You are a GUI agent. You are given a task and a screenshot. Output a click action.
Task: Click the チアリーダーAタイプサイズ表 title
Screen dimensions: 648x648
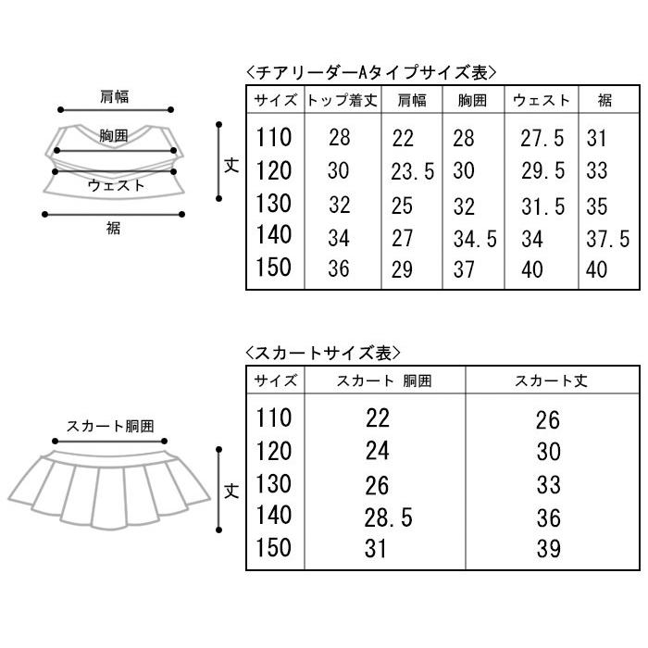click(370, 73)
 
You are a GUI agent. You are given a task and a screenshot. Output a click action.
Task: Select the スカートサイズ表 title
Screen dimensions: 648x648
click(323, 353)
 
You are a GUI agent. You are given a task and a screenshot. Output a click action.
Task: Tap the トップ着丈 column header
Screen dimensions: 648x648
click(343, 100)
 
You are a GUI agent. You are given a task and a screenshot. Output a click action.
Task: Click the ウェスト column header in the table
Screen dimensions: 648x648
click(541, 100)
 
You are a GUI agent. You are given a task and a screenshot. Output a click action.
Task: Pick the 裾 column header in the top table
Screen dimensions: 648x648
click(604, 100)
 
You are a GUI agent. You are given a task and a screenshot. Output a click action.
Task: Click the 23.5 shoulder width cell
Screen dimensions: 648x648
click(413, 171)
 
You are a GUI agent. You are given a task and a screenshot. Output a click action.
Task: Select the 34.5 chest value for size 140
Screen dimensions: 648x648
click(475, 239)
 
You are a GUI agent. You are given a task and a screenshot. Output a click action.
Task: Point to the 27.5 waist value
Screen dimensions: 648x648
click(542, 138)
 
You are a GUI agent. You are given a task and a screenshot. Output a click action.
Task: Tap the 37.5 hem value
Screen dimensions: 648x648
click(608, 239)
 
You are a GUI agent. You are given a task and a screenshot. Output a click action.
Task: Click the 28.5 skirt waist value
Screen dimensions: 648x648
click(389, 517)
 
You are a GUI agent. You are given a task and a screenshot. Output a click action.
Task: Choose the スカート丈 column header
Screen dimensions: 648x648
click(551, 380)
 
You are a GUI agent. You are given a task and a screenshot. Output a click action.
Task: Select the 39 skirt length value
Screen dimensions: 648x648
click(548, 549)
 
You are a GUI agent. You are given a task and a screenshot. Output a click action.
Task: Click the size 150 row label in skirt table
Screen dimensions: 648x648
click(274, 547)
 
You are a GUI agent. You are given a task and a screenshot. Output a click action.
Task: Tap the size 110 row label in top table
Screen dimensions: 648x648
click(274, 137)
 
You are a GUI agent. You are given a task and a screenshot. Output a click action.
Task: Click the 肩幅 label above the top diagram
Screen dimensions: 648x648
click(115, 96)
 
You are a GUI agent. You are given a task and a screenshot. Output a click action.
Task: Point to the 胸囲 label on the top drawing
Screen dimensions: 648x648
click(114, 135)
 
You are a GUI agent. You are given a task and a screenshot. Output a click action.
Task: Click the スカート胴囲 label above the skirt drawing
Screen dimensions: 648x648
click(110, 426)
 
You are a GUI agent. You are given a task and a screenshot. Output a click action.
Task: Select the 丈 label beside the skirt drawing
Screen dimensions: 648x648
click(231, 491)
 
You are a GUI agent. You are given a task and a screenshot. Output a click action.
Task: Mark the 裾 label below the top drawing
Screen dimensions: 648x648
click(113, 228)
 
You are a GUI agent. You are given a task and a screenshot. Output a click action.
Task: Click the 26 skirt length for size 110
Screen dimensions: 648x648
click(548, 420)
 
